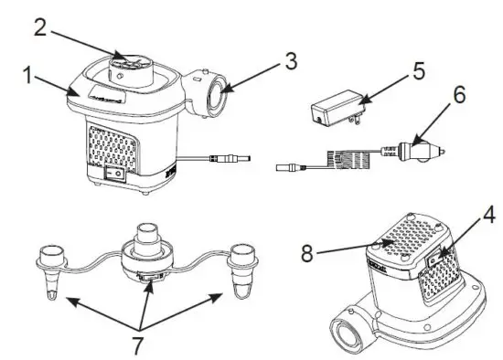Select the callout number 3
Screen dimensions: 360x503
(x=290, y=61)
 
